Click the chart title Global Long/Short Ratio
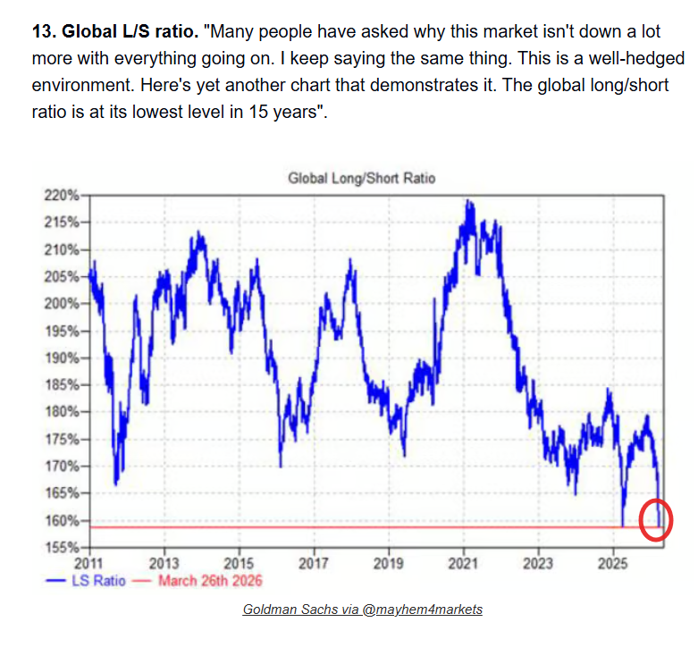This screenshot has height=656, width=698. point(361,178)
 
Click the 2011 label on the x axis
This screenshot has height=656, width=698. point(89,564)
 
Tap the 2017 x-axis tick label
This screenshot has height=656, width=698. point(314,564)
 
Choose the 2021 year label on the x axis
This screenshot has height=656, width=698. point(463,564)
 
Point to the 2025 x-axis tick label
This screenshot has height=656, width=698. point(613,564)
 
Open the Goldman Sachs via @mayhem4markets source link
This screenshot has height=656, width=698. point(362,609)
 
